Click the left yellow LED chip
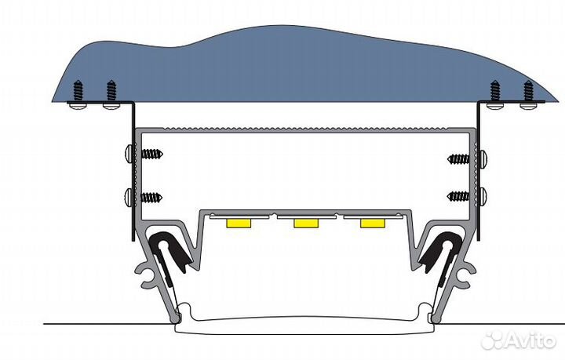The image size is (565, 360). click(x=237, y=224)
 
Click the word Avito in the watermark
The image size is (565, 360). click(x=532, y=340)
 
